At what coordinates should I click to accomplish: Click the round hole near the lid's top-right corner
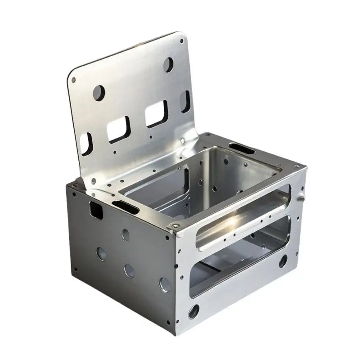click(x=169, y=63)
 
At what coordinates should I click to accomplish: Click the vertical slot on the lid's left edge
click(x=85, y=142)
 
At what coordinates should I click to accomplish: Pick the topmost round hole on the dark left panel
click(x=125, y=234)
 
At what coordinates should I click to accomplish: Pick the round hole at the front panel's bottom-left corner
click(x=194, y=310)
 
